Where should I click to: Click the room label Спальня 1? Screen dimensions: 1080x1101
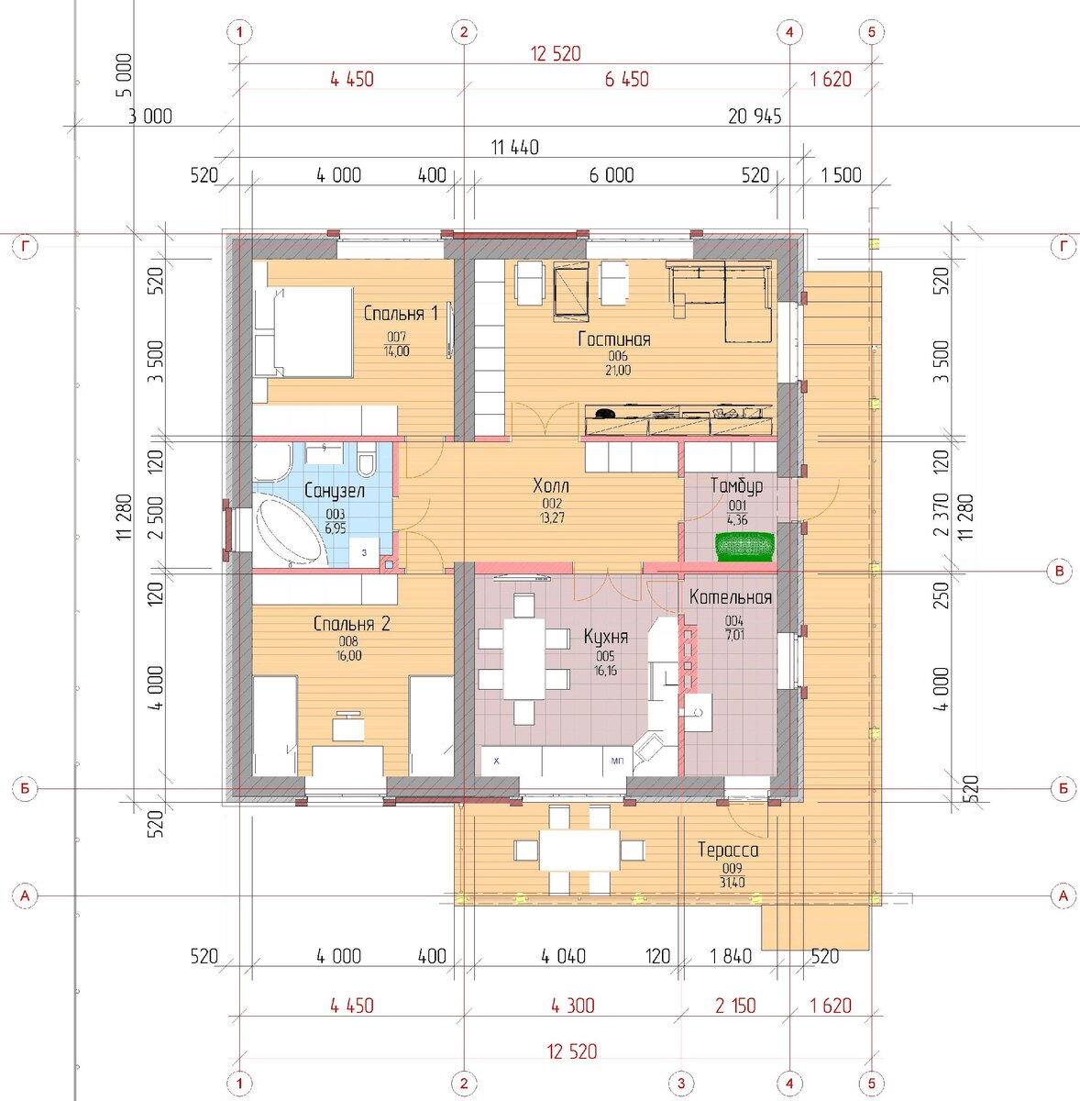tap(401, 313)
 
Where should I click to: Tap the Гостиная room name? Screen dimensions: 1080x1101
tap(614, 339)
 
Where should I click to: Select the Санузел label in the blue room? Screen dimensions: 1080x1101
tap(334, 491)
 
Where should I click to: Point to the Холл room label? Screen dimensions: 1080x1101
tap(551, 485)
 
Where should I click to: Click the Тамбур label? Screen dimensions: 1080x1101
tap(736, 485)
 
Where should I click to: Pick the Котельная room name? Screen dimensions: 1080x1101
tap(731, 597)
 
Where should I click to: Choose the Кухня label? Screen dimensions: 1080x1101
tap(605, 637)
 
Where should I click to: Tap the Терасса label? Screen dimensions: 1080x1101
tap(728, 851)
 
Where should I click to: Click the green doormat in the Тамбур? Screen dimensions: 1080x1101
tap(744, 547)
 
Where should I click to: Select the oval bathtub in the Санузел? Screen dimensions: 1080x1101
tap(289, 532)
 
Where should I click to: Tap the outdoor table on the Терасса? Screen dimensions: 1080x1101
tap(579, 851)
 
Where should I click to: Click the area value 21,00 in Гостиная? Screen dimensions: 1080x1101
tap(617, 371)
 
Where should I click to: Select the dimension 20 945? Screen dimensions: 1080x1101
tap(755, 117)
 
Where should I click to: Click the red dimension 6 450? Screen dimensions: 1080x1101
tap(626, 80)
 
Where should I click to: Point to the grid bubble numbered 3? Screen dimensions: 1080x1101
tap(681, 1083)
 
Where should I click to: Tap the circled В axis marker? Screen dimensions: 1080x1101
tap(1060, 571)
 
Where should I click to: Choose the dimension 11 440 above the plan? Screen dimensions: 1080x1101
tap(514, 148)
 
